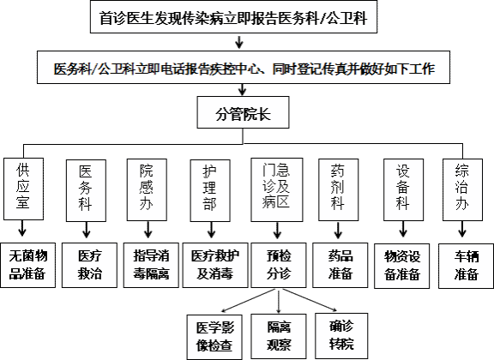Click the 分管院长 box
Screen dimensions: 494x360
[243, 112]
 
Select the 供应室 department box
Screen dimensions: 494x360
[23, 189]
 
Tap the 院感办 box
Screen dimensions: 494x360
[147, 189]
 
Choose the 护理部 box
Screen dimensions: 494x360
[210, 190]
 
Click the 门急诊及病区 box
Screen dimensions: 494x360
[277, 189]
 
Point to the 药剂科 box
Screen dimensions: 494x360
[339, 189]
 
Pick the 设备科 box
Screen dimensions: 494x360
[403, 189]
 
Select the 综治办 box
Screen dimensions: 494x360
[462, 189]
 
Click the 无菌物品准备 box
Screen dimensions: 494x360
[27, 265]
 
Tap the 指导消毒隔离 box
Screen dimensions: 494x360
[151, 265]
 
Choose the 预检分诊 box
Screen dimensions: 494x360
[279, 265]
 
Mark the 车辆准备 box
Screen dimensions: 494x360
[467, 266]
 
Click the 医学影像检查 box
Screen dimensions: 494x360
[214, 337]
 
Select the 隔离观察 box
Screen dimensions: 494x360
[279, 336]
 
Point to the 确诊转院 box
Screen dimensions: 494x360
[341, 335]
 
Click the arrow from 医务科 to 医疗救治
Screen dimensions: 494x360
[87, 230]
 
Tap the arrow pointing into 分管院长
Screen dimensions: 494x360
[242, 89]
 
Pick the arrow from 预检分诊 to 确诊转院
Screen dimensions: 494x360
[309, 300]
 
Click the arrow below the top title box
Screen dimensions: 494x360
[239, 42]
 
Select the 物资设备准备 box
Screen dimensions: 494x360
[402, 266]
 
